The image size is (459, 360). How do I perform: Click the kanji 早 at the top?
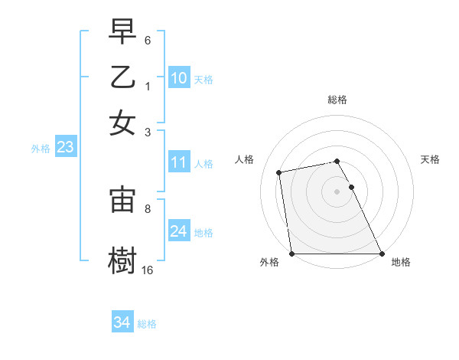point(122,33)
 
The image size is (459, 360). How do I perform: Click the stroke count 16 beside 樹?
point(148,270)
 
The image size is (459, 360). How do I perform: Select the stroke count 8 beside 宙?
point(148,208)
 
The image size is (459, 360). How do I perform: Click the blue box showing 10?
point(178,77)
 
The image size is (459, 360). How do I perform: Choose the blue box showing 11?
point(178,162)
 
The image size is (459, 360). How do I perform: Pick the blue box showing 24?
point(178,231)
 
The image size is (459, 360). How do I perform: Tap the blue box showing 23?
point(64,148)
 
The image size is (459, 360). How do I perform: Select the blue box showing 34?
point(122,322)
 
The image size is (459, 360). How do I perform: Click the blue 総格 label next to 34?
point(147,324)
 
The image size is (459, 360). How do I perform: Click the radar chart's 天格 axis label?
point(431,159)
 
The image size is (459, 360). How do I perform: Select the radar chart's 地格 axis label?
point(401,263)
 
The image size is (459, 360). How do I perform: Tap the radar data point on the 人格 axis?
point(280,172)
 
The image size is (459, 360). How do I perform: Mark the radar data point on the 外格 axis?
point(292,254)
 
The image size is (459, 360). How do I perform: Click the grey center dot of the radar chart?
point(337,191)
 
